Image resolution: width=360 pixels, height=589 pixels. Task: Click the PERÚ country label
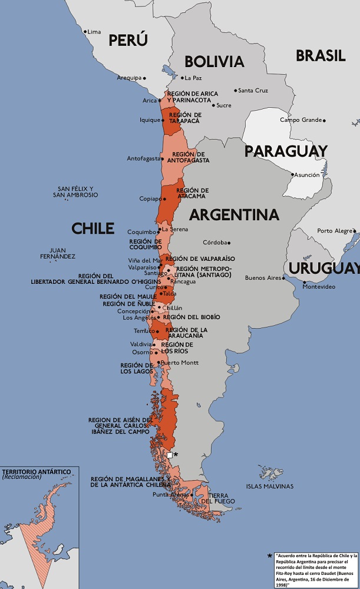click(x=128, y=40)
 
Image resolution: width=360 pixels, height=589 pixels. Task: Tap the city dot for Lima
click(x=85, y=31)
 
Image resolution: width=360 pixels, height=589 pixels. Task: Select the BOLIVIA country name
click(x=214, y=62)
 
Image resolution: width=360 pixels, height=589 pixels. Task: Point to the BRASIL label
click(x=321, y=56)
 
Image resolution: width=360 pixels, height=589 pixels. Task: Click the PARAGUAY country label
click(x=286, y=151)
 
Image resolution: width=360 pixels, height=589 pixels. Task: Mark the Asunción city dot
click(x=291, y=175)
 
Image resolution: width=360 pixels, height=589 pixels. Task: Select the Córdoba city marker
click(x=229, y=243)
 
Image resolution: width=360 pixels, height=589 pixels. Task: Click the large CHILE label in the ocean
click(x=93, y=229)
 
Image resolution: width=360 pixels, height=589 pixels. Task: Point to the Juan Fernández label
click(x=58, y=253)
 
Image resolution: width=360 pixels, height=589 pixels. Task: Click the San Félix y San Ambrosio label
click(x=75, y=192)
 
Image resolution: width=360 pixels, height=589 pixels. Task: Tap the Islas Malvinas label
click(x=269, y=486)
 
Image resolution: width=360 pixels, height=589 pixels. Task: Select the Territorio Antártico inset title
click(x=37, y=472)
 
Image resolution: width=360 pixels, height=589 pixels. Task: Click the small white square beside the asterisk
click(x=170, y=455)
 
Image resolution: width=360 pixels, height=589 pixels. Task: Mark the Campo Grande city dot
click(x=324, y=120)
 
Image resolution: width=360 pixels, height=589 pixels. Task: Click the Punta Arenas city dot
click(x=191, y=495)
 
